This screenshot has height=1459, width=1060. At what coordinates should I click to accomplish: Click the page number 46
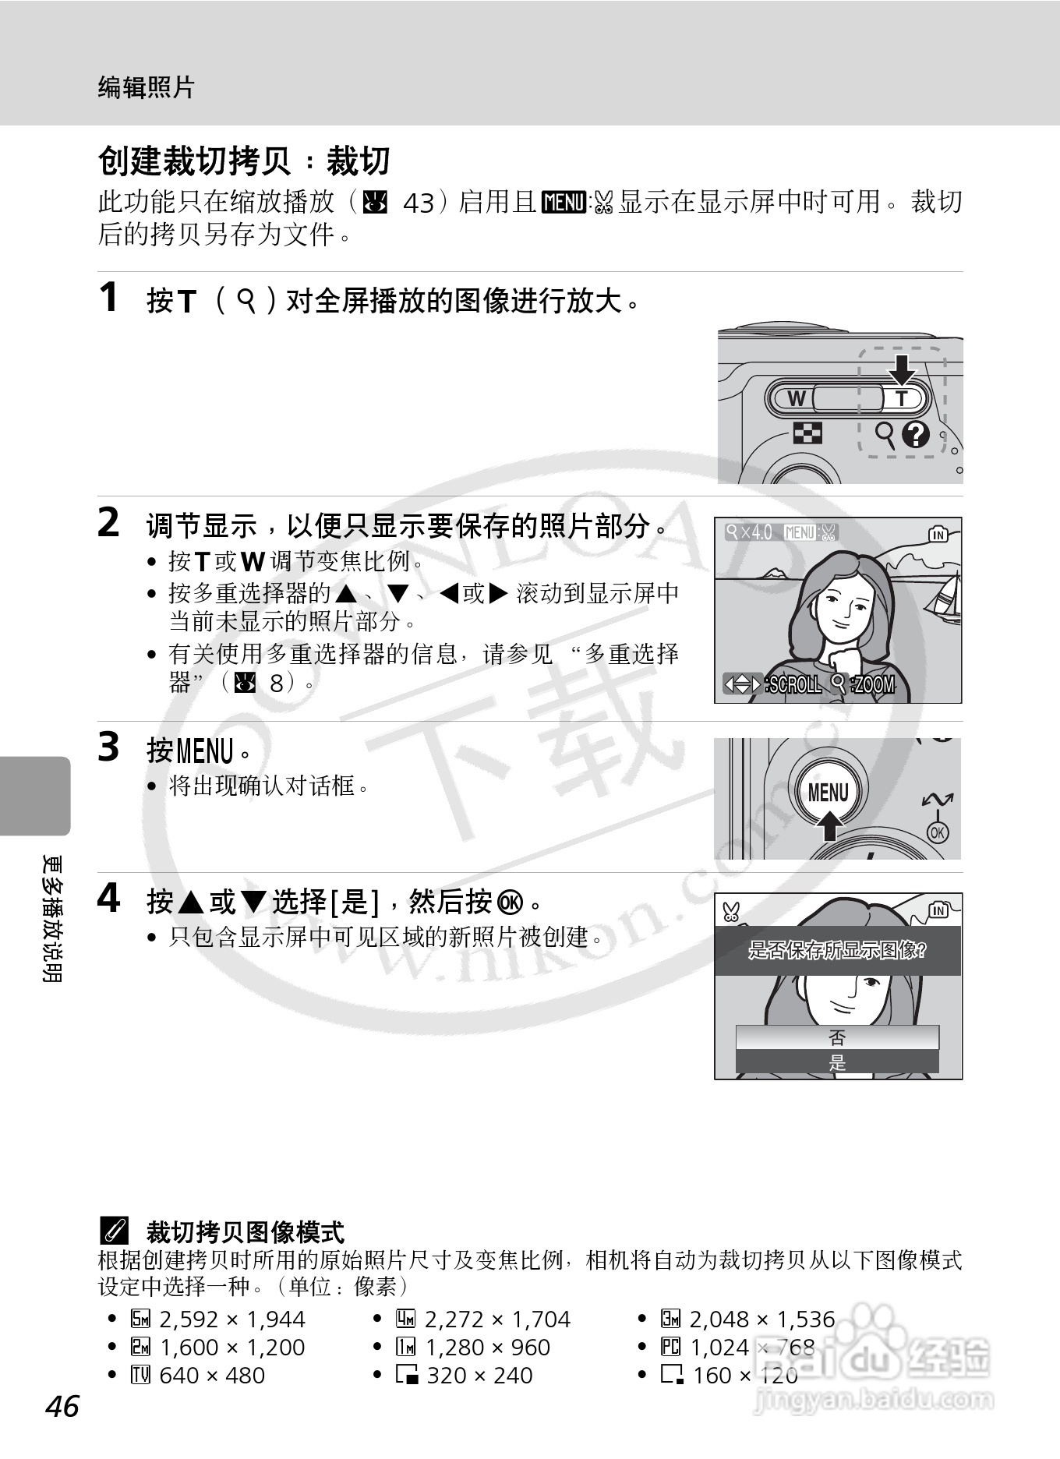(62, 1406)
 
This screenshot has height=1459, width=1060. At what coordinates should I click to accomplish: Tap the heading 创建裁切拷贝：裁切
(243, 161)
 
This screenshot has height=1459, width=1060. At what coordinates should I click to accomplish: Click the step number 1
(109, 298)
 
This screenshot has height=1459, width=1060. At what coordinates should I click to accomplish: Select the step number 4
(109, 899)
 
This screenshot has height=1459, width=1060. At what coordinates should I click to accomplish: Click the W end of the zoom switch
(797, 398)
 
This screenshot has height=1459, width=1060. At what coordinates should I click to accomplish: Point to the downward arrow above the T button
(902, 369)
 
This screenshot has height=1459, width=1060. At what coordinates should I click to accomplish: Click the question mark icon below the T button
(916, 433)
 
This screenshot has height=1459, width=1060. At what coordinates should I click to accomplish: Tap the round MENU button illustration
(828, 792)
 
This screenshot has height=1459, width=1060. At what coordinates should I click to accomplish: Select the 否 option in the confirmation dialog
(837, 1037)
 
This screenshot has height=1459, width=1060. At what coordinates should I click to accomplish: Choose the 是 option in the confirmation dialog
(837, 1062)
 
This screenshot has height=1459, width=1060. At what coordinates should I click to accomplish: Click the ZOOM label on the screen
(874, 684)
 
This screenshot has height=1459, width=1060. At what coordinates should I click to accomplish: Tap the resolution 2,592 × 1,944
(231, 1319)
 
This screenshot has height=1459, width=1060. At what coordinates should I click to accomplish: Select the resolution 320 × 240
(479, 1375)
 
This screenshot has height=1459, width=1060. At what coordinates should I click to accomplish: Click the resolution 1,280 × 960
(487, 1347)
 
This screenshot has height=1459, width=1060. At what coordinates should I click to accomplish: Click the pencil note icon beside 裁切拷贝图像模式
(113, 1231)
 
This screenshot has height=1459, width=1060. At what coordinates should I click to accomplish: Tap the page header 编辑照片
(146, 87)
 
